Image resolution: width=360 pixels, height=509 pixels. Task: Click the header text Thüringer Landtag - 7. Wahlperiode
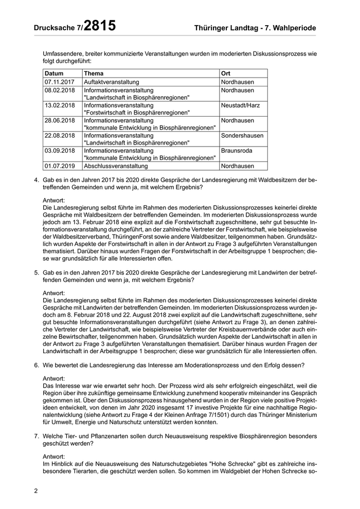256,28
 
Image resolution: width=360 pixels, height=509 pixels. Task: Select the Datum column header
54,74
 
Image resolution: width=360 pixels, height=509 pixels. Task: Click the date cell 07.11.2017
60,82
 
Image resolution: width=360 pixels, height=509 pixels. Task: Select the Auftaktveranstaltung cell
112,82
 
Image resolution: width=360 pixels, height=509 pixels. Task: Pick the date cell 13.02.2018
60,105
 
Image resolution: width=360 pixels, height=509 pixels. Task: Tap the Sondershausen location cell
242,135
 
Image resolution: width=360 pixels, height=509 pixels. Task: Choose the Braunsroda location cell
237,151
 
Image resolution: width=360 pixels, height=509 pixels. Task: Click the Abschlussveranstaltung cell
116,166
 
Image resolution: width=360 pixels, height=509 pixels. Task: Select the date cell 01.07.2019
60,166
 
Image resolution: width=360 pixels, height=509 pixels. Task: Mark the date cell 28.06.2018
60,120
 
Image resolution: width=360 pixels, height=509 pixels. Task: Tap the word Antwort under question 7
54,457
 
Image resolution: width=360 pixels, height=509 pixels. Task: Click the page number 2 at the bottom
36,491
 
